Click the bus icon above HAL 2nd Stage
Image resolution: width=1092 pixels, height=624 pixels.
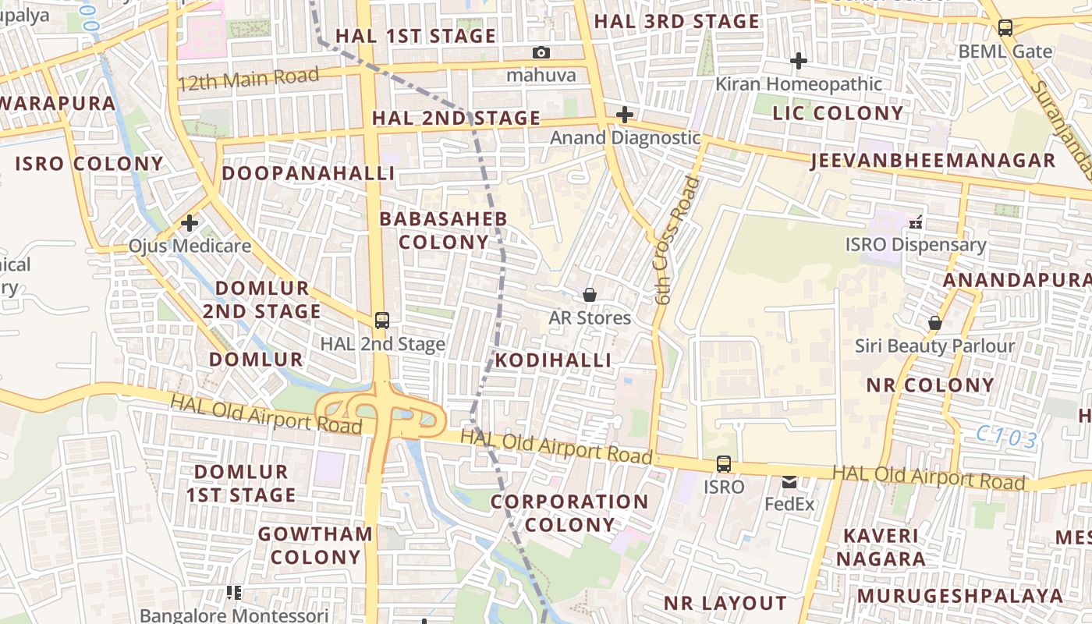pos(381,320)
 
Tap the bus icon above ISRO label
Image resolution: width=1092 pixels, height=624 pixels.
pos(724,464)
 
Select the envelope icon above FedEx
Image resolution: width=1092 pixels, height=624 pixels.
pos(789,482)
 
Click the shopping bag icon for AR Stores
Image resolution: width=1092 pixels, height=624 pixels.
pos(590,295)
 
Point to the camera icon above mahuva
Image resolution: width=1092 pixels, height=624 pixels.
pos(541,52)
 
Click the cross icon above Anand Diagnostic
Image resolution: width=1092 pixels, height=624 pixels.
pos(624,115)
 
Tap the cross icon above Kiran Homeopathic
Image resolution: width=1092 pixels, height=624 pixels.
pos(798,60)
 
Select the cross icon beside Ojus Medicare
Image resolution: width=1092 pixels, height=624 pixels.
pos(189,224)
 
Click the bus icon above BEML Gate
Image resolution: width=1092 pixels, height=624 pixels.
pos(1005,28)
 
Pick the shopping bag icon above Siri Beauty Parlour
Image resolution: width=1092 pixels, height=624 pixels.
pos(934,323)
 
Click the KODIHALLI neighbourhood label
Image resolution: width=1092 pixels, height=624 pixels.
pos(553,360)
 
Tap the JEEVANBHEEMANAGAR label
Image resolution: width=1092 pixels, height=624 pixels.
pos(932,161)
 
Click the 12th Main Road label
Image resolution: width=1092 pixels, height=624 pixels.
pos(248,79)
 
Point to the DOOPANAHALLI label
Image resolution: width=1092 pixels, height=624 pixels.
pos(308,173)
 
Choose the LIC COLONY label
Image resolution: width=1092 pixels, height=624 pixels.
pos(838,113)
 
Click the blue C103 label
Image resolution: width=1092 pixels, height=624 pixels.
pos(1007,438)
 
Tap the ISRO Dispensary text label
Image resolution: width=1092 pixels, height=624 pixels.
pos(916,245)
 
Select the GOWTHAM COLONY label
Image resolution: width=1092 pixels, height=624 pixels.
pos(315,545)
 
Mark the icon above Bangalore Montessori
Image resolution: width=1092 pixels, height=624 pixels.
pos(233,593)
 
